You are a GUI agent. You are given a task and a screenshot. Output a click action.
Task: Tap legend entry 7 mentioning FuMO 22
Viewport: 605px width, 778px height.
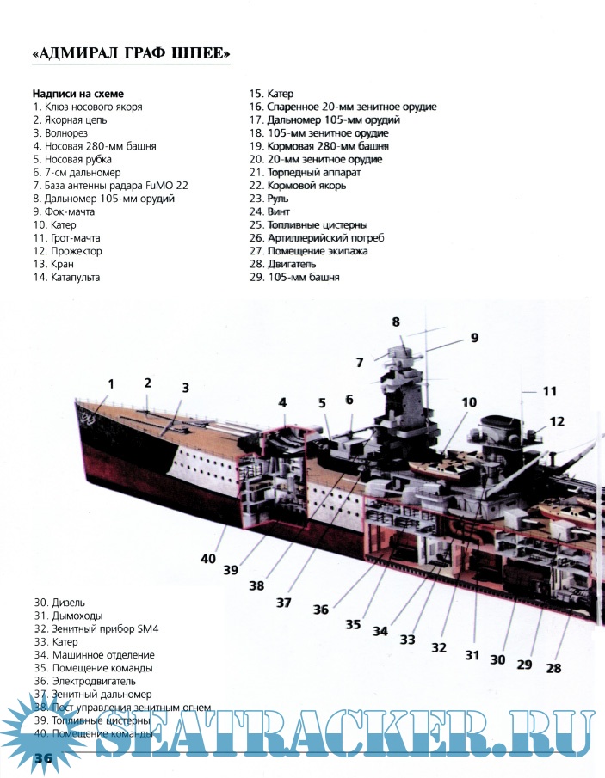click(x=110, y=186)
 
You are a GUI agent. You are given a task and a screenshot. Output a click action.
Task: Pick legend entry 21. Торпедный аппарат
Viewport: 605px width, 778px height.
click(x=304, y=173)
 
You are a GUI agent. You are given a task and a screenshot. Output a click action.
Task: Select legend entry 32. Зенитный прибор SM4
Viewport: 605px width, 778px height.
click(x=96, y=628)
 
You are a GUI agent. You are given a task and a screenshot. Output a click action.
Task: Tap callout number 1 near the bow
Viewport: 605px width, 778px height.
click(x=111, y=383)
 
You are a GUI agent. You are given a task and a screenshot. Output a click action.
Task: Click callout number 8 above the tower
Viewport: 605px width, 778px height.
click(x=396, y=322)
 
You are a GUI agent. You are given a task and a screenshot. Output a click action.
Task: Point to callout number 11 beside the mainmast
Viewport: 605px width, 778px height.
click(x=549, y=391)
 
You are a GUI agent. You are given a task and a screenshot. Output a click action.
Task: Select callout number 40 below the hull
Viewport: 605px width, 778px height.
click(x=208, y=558)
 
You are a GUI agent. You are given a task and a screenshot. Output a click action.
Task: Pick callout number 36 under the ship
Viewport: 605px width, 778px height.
click(x=321, y=609)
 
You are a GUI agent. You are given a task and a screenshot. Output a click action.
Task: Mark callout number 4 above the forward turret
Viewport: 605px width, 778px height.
click(x=282, y=402)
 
